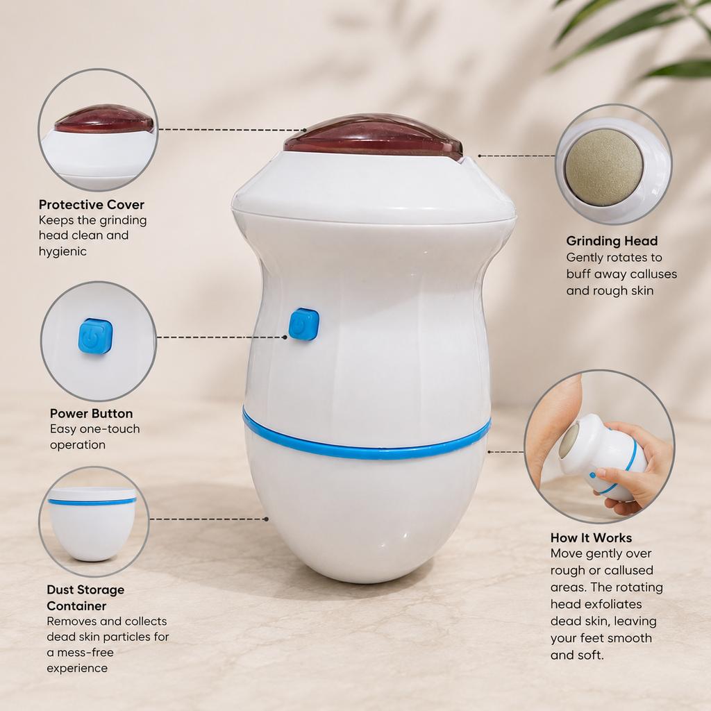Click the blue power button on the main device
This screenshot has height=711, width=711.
pos(304,324)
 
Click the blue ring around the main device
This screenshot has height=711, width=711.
pos(367,437)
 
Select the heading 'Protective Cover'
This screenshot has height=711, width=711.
pos(91,205)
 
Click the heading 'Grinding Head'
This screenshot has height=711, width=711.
pos(612,241)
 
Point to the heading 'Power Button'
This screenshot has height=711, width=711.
pos(91,414)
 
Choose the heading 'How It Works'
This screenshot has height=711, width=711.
pos(591,538)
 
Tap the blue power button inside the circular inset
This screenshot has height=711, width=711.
pos(95,336)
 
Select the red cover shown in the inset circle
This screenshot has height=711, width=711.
pos(104,119)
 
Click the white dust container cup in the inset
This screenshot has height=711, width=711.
pos(92,524)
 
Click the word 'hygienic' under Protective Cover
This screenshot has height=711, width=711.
pos(62,251)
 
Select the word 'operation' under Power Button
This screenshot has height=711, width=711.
pos(78,445)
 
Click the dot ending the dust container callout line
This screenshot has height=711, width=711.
pos(266,519)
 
